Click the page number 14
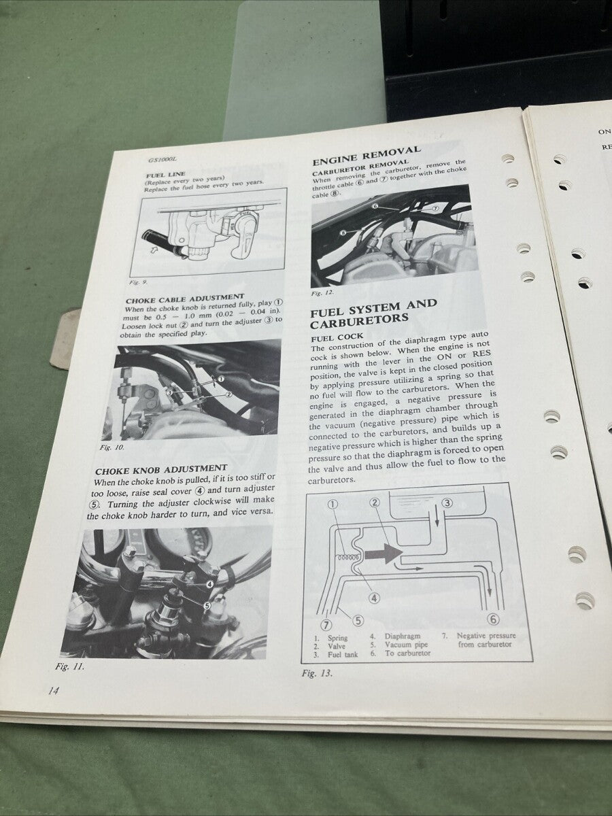click(54, 691)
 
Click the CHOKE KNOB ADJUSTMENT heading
click(161, 469)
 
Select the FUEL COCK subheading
click(337, 337)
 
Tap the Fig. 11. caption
click(70, 666)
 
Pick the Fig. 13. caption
click(317, 673)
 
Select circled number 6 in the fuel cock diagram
click(494, 619)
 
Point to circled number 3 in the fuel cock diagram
click(447, 503)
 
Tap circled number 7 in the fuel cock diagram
click(326, 624)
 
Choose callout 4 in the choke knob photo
click(209, 583)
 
